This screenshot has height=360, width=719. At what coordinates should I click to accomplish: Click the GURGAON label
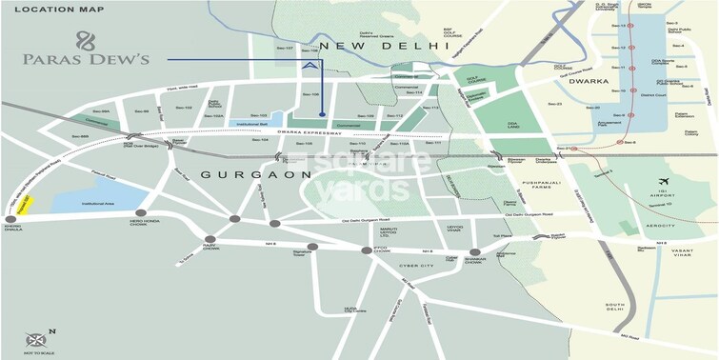(256, 174)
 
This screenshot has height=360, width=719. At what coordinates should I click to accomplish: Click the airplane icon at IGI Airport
(663, 181)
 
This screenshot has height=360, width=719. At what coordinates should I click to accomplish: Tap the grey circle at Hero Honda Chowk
(142, 213)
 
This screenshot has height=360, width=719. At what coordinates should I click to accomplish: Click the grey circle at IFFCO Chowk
(365, 250)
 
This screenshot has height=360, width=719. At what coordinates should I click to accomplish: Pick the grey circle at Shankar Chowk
(474, 252)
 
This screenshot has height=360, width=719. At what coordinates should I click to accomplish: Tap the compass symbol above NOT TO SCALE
(36, 339)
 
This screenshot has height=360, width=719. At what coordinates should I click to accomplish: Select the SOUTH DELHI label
(616, 310)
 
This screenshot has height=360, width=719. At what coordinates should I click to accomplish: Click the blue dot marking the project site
(322, 115)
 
